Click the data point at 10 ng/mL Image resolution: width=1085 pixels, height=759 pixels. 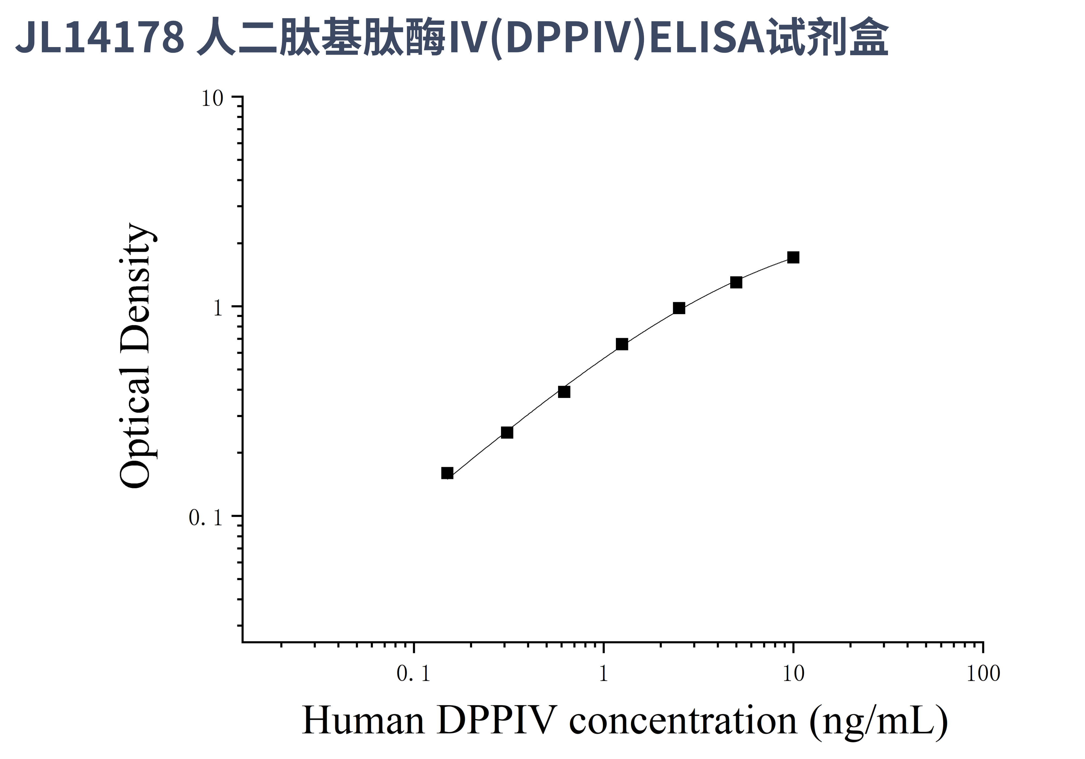click(793, 257)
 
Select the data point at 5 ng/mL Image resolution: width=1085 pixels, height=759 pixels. click(736, 282)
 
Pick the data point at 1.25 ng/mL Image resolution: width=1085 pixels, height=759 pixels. click(622, 344)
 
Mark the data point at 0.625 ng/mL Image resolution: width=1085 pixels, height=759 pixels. click(564, 392)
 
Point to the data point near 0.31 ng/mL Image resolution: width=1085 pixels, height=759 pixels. click(507, 432)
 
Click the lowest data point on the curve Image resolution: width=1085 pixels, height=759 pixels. click(447, 473)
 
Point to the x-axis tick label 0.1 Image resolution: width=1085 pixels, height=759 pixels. click(413, 674)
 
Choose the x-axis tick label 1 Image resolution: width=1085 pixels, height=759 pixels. click(603, 674)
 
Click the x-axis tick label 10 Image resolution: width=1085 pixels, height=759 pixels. click(793, 674)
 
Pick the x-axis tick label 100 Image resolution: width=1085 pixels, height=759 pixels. click(983, 674)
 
